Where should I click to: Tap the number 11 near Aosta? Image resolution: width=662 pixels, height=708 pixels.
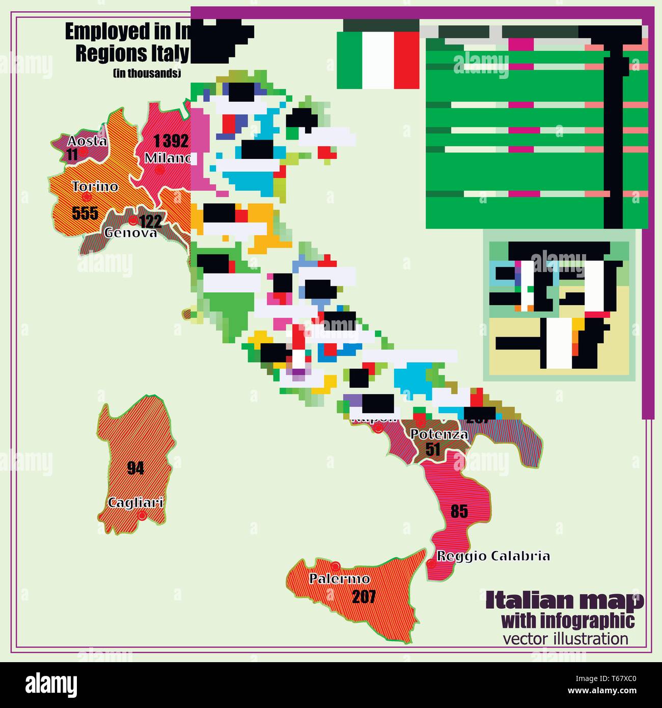(x=72, y=154)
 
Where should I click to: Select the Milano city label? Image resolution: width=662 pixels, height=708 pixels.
(x=168, y=158)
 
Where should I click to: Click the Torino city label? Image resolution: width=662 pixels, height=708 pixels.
(x=95, y=186)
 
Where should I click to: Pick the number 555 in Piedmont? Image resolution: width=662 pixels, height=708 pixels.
(x=85, y=213)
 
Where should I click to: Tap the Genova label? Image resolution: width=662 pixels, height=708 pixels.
(x=130, y=233)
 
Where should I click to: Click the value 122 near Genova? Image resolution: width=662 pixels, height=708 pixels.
(x=150, y=221)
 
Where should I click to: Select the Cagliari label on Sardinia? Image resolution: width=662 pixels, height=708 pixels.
(x=135, y=503)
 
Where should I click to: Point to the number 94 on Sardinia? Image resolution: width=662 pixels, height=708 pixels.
(x=135, y=468)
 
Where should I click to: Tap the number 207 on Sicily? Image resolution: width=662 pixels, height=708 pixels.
(x=364, y=596)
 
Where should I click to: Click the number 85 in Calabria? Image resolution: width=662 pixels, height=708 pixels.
(x=459, y=511)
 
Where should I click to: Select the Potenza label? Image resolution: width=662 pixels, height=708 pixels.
(x=439, y=434)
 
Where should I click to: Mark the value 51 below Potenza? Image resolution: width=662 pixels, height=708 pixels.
(x=433, y=449)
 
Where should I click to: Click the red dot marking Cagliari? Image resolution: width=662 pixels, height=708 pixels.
(x=143, y=515)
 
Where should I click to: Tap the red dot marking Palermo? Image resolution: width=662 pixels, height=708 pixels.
(x=335, y=566)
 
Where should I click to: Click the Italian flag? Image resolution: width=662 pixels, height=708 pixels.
(x=378, y=60)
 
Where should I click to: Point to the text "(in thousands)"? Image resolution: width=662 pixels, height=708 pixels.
(x=147, y=73)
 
